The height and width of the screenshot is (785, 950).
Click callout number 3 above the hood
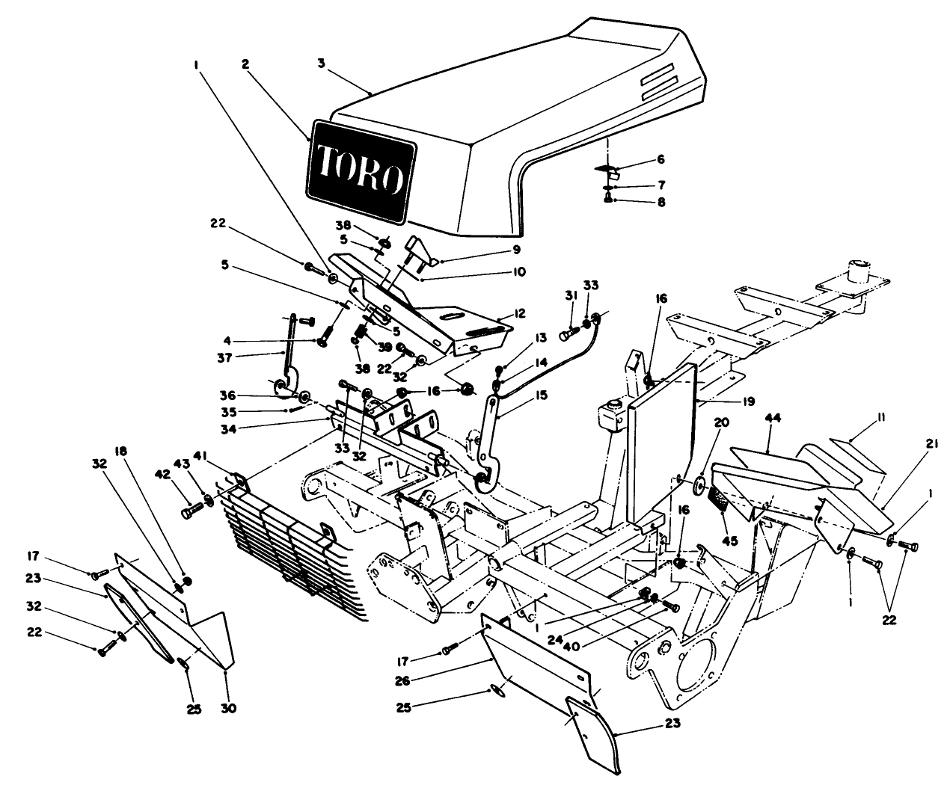pos(321,64)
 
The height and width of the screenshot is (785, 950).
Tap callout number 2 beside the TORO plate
pos(245,64)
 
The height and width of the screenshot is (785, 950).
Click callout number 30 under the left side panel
pos(228,708)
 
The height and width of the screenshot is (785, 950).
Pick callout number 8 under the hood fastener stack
pos(660,201)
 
